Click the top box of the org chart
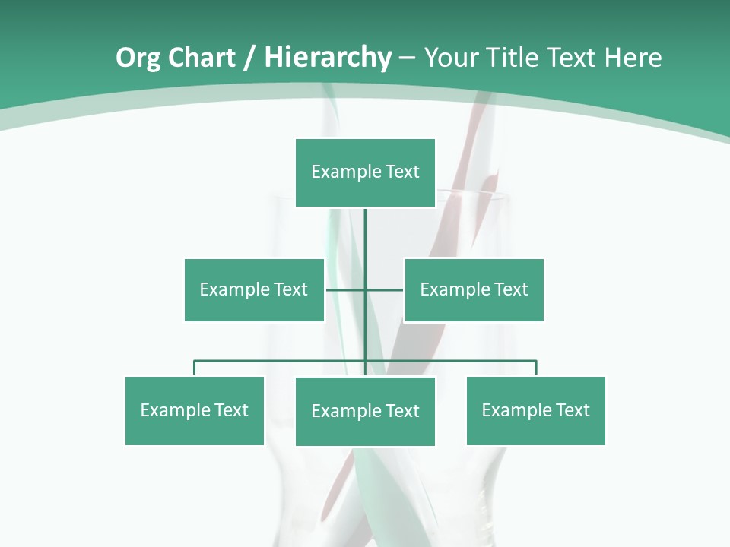[x=365, y=172]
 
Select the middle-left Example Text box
[x=254, y=289]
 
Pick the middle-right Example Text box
[x=474, y=289]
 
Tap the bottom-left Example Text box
[x=195, y=410]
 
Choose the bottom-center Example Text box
[x=365, y=411]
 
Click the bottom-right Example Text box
[x=535, y=410]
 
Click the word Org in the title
[x=138, y=58]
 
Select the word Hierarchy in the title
[x=328, y=58]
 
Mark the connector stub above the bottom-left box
[x=195, y=368]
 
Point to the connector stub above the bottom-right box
[x=536, y=368]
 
